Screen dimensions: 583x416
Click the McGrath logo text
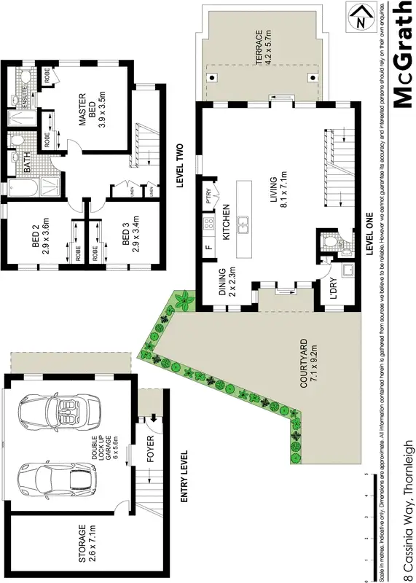403,56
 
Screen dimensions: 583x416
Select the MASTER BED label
92,109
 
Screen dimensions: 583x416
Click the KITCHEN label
227,220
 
